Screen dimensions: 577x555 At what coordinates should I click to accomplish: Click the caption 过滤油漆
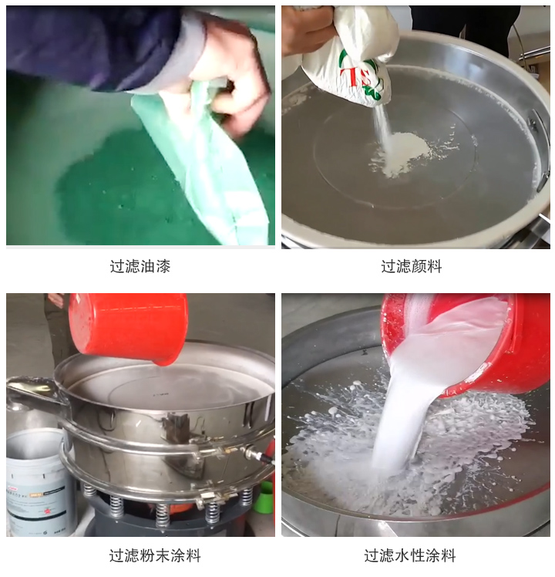[x=140, y=267]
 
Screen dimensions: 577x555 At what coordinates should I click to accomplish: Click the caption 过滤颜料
[x=412, y=267]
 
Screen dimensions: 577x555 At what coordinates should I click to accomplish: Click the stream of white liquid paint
[x=405, y=409]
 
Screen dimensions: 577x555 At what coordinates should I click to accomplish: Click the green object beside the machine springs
[x=266, y=498]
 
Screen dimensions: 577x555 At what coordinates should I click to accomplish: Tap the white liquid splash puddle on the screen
[x=462, y=447]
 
